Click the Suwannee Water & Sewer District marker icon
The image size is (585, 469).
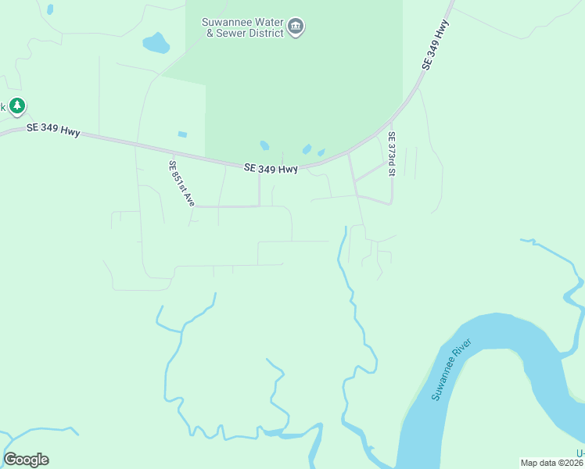[x=296, y=27]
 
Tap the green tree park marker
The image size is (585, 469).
[x=17, y=106]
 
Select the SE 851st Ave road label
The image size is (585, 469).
[x=181, y=183]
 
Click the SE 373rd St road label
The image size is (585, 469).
[x=391, y=154]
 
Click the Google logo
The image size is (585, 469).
[x=26, y=460]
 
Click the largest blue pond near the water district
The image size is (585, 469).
[x=156, y=42]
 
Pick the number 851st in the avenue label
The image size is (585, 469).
[x=181, y=182]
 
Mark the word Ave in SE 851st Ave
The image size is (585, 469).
[x=189, y=199]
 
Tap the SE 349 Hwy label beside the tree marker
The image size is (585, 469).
[x=53, y=130]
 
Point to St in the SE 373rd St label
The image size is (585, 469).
[x=391, y=173]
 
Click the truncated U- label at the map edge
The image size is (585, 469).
[x=580, y=453]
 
